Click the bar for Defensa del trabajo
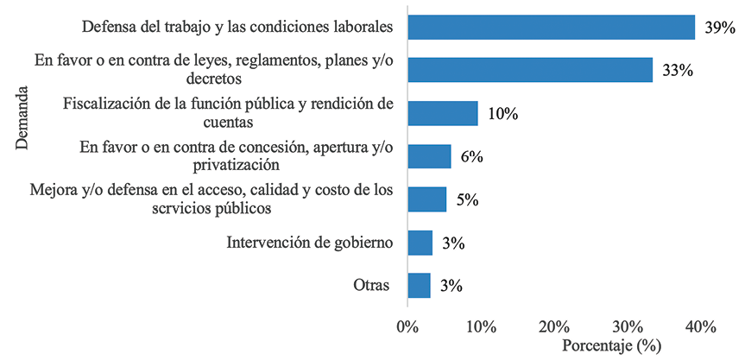[x=551, y=28]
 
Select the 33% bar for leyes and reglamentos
[x=529, y=70]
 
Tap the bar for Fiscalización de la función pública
[x=442, y=113]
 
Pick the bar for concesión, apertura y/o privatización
[x=428, y=156]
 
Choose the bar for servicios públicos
[x=426, y=199]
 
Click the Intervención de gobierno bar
[x=420, y=243]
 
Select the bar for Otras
[x=419, y=286]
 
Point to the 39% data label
[x=718, y=28]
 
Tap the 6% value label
[x=471, y=157]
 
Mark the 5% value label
[x=467, y=200]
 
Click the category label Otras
[x=371, y=286]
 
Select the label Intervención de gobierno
[x=310, y=243]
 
